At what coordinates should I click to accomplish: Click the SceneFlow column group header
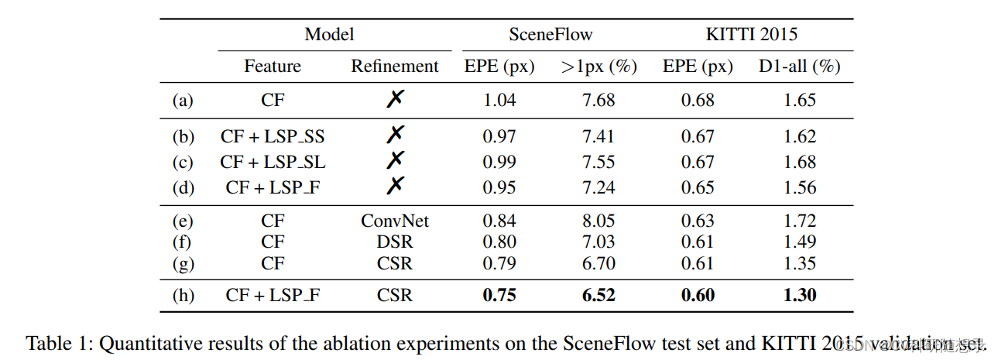(x=550, y=34)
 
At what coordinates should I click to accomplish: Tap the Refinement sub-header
(x=395, y=67)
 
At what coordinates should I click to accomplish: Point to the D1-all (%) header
(x=799, y=67)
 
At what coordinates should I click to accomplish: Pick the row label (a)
(x=183, y=100)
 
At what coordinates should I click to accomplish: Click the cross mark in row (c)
(x=395, y=161)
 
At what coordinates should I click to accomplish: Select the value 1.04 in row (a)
(x=499, y=100)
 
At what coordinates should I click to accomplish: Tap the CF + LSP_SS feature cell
(x=273, y=137)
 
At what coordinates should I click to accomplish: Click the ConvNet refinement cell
(x=395, y=221)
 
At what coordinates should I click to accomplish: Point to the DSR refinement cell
(x=395, y=242)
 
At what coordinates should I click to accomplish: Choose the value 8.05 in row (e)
(x=598, y=221)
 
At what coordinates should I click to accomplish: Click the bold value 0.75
(x=499, y=295)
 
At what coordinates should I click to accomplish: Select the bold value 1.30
(x=799, y=295)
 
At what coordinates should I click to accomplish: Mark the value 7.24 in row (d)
(x=598, y=187)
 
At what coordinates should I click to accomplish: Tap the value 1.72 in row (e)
(x=799, y=221)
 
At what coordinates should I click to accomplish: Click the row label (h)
(x=183, y=295)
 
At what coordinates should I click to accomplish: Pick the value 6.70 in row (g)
(x=598, y=264)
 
